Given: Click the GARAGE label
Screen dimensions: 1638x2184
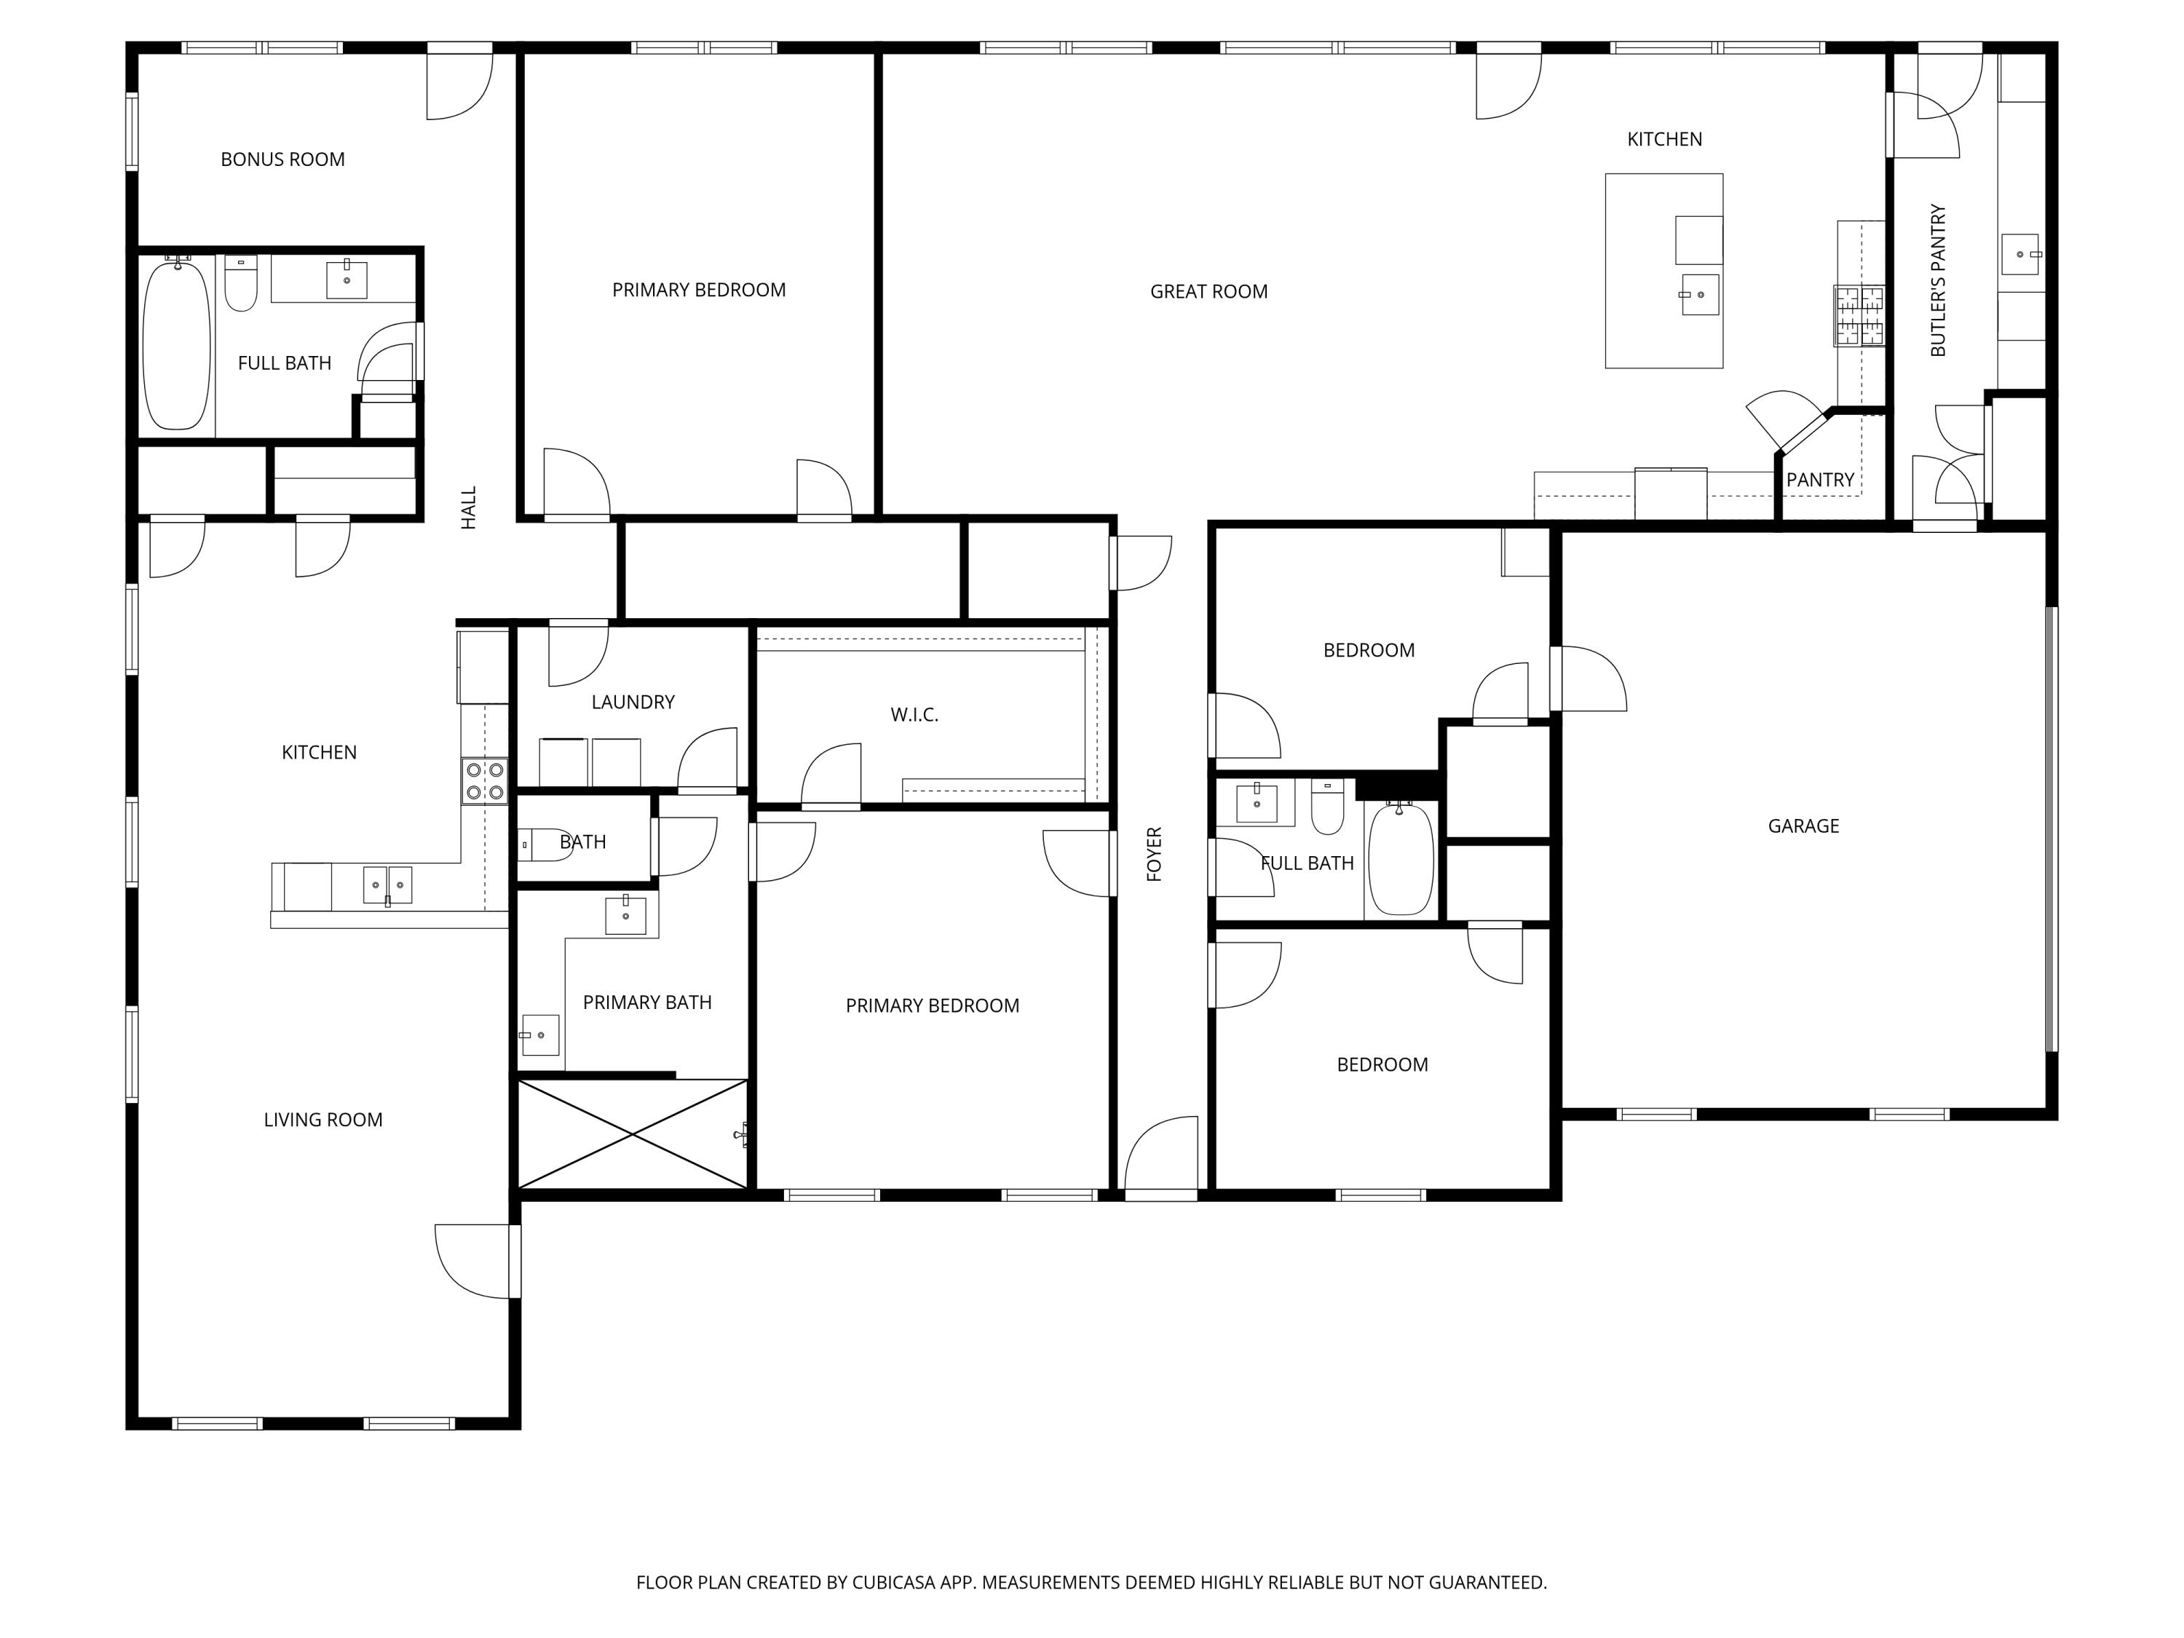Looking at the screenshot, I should [1803, 826].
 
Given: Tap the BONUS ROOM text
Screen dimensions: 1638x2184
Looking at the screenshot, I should [282, 159].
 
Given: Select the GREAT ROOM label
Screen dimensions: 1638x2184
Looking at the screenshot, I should [1208, 291].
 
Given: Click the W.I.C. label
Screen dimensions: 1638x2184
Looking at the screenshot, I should [914, 714].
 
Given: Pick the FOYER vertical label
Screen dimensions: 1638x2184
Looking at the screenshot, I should [1153, 854].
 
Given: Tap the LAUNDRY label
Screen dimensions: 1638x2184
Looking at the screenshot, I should [633, 702].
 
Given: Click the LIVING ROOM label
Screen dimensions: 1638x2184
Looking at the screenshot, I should [323, 1120].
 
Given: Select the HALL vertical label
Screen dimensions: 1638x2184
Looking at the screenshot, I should [468, 507].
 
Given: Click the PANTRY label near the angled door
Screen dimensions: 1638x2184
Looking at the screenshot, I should [1820, 480].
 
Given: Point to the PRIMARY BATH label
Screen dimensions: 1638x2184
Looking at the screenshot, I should [646, 1002].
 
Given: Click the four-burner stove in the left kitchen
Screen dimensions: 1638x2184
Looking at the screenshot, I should [485, 780].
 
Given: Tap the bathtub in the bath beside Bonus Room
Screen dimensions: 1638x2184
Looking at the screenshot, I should [177, 344].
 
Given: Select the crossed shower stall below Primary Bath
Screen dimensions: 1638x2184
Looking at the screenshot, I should [632, 1133].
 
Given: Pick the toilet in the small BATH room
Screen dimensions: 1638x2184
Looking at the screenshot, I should [543, 845].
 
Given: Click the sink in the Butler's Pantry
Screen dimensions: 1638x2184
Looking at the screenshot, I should [2019, 255].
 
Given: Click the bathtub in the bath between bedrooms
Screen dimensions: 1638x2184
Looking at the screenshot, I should [1400, 859].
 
